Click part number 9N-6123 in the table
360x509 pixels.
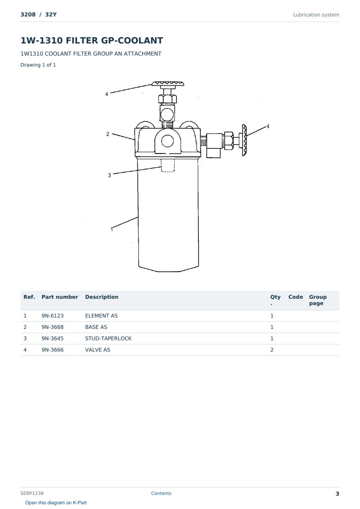[52, 316]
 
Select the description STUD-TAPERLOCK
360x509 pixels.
[108, 338]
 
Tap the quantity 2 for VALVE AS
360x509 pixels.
[272, 350]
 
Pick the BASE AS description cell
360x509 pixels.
[96, 327]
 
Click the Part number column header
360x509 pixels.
[60, 297]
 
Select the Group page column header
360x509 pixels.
[318, 300]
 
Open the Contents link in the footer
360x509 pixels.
[161, 493]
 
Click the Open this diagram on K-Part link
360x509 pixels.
[56, 503]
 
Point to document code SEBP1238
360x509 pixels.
[32, 493]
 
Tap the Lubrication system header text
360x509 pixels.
[316, 15]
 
